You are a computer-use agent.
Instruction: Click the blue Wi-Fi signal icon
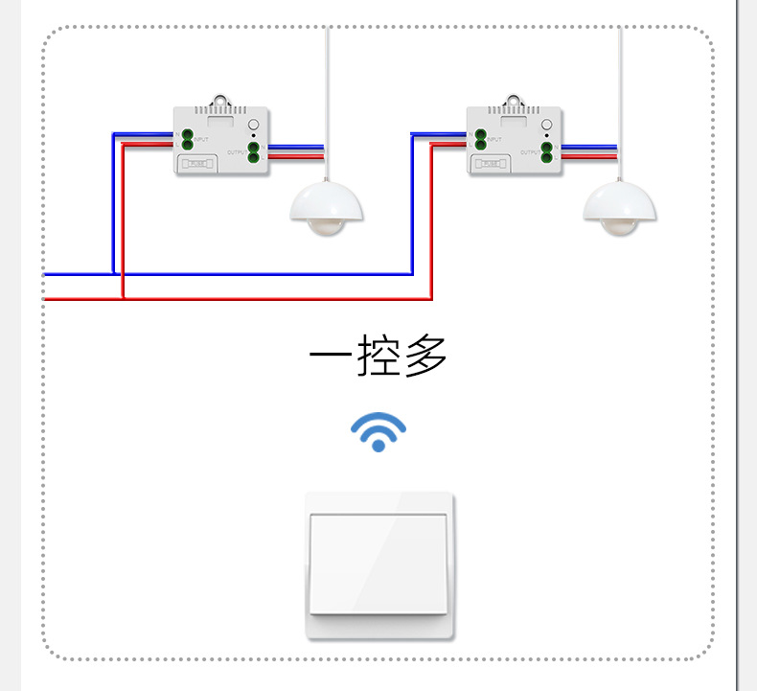tap(378, 432)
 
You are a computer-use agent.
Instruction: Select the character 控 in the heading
tap(378, 357)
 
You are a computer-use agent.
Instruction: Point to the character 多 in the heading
tap(425, 357)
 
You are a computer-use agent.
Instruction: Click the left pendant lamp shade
tap(327, 201)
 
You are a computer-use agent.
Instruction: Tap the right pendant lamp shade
tap(620, 201)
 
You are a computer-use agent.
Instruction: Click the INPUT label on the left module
tap(201, 140)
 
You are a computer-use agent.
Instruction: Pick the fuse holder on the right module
tap(492, 164)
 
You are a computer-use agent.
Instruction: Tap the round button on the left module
tap(253, 125)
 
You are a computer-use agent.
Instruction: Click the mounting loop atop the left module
tap(223, 99)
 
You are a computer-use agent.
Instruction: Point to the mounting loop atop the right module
tap(516, 99)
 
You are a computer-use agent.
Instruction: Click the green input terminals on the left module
tap(188, 139)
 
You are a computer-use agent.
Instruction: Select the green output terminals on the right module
tap(546, 151)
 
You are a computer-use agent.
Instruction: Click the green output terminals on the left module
tap(253, 151)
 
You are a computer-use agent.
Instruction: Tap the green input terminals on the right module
tap(481, 139)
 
